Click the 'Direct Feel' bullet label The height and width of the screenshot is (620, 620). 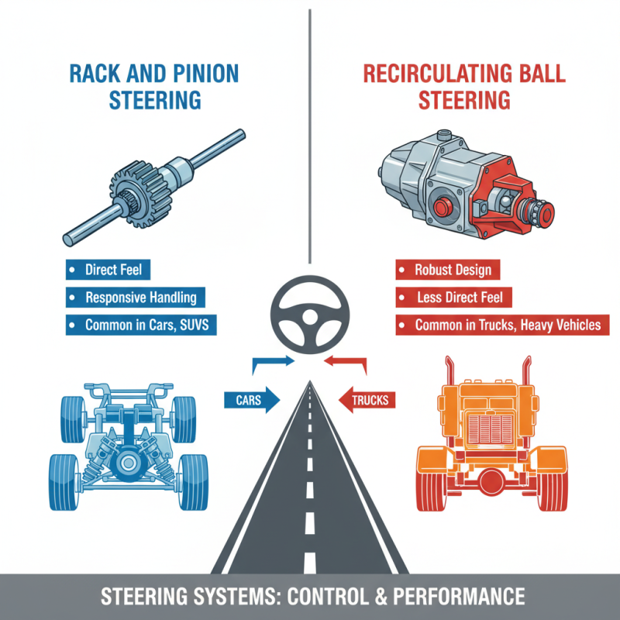tap(108, 271)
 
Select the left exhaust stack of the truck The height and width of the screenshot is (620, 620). tap(449, 380)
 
